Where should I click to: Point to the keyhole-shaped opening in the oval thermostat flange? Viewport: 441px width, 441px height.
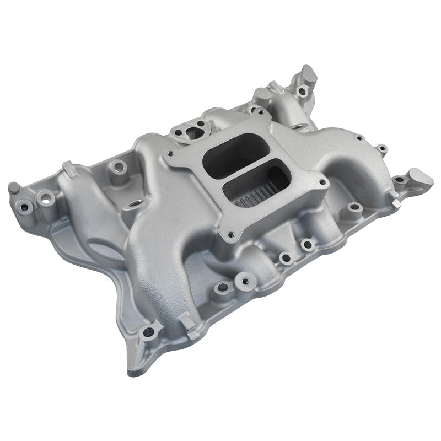click(186, 132)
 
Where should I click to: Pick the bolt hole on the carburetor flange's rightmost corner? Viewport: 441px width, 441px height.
click(322, 180)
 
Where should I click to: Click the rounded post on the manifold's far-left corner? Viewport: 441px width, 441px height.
click(13, 188)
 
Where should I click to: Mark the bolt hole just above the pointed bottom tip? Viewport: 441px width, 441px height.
click(148, 332)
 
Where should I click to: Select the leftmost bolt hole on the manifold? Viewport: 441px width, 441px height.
click(24, 207)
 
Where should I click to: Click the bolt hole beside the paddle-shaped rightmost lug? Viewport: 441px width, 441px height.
click(399, 180)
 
